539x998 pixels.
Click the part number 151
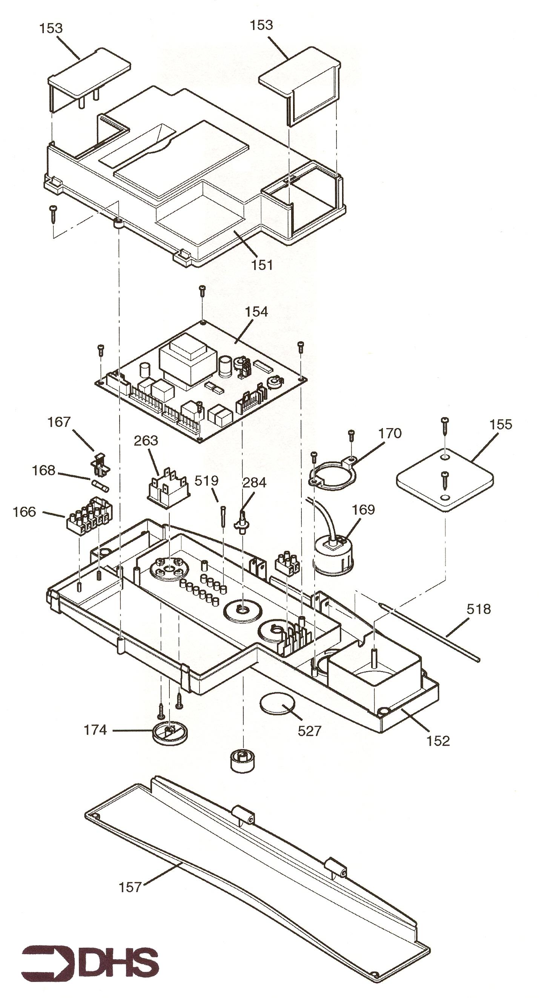262,265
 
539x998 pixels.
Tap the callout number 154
256,312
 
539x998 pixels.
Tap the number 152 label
438,741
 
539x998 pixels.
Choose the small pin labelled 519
224,516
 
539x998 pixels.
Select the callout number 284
254,482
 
